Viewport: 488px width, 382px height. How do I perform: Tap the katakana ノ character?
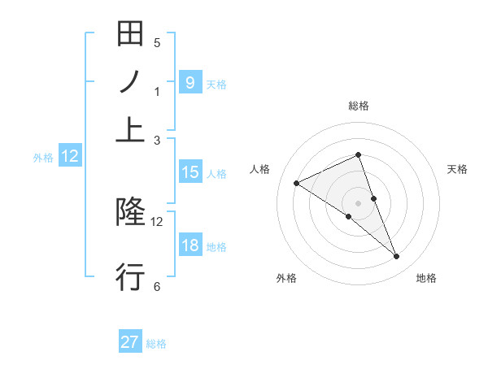(x=130, y=82)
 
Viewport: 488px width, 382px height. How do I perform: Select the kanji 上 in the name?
(x=130, y=130)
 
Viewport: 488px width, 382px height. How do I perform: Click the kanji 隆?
(x=130, y=212)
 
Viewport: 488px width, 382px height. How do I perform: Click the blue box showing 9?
(x=190, y=82)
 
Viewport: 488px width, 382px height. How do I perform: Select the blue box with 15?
(x=190, y=172)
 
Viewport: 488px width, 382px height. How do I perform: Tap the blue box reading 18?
(x=190, y=245)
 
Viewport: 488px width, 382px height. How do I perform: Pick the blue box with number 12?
(x=70, y=157)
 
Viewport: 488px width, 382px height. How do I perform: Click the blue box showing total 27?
(x=130, y=342)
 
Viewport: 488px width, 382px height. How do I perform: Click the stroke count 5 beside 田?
(x=157, y=42)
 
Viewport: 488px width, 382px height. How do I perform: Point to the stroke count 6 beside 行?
(x=157, y=286)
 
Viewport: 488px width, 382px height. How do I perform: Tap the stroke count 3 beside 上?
(x=157, y=140)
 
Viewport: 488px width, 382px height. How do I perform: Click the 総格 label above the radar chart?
(x=359, y=106)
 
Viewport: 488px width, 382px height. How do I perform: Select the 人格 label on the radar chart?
(x=260, y=169)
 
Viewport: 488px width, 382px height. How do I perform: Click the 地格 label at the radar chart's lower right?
(x=426, y=279)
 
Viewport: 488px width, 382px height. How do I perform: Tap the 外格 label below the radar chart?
(x=286, y=279)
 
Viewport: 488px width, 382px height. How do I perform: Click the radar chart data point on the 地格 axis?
(x=397, y=257)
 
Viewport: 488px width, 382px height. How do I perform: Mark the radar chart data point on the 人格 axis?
(x=296, y=183)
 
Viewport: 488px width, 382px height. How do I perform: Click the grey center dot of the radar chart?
(x=358, y=202)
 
